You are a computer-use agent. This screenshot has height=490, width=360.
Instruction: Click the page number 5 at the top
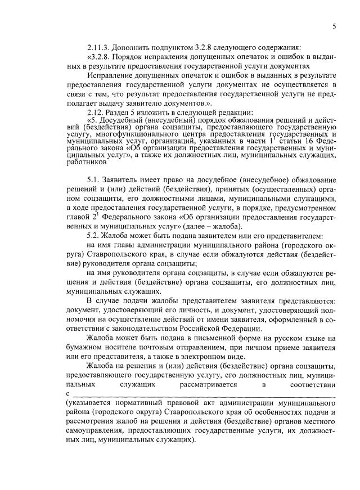(x=334, y=26)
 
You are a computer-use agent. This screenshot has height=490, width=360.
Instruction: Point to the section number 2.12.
(x=96, y=111)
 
